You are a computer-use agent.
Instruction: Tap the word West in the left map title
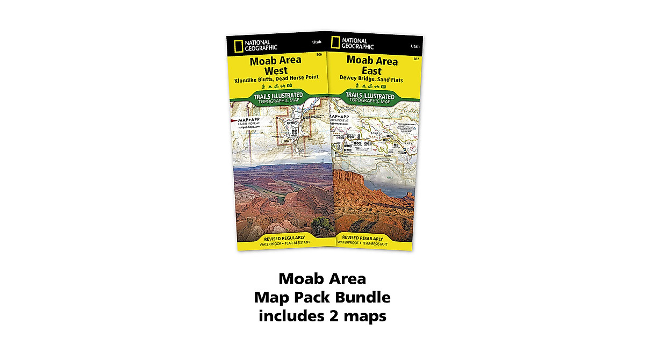point(276,70)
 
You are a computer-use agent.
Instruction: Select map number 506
point(319,55)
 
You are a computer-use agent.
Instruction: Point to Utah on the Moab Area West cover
point(317,42)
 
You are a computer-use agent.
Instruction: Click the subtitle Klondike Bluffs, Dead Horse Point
point(276,77)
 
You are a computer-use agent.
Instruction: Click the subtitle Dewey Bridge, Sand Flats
point(371,79)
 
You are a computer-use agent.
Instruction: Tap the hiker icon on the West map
point(261,85)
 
